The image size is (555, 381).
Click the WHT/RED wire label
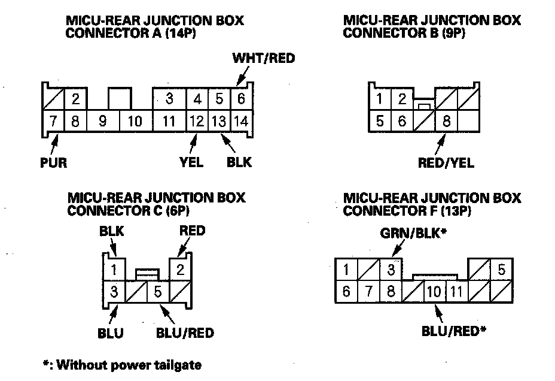pyautogui.click(x=263, y=59)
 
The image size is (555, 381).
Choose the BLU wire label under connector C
pyautogui.click(x=110, y=332)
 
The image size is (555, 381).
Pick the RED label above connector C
pyautogui.click(x=191, y=231)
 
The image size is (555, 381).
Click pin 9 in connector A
pyautogui.click(x=103, y=122)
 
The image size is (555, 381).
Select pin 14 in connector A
pyautogui.click(x=240, y=122)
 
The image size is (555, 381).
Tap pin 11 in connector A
pyautogui.click(x=169, y=122)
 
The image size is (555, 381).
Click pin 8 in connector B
pyautogui.click(x=446, y=122)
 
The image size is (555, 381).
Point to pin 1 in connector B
pyautogui.click(x=379, y=99)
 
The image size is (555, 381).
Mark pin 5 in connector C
pyautogui.click(x=158, y=292)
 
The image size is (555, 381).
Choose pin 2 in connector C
pyautogui.click(x=180, y=270)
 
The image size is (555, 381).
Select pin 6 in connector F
pyautogui.click(x=346, y=292)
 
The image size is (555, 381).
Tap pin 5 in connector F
pyautogui.click(x=501, y=270)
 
